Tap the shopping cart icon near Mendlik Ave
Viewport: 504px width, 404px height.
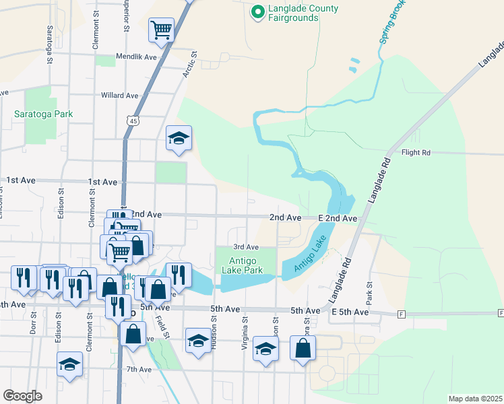[161, 30]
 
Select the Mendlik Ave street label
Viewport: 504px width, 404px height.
[136, 57]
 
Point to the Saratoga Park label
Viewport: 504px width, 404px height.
[43, 114]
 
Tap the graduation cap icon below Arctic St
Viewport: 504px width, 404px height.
[179, 138]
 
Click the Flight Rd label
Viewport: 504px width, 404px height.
[416, 153]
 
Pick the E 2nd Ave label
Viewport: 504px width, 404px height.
[337, 218]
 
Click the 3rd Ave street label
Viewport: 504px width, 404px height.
[246, 247]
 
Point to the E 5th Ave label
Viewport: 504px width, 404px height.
[350, 312]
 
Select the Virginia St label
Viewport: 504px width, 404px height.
[245, 334]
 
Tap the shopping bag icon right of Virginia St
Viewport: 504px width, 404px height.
[303, 348]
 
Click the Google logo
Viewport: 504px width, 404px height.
[22, 396]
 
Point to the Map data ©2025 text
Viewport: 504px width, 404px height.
[474, 399]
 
